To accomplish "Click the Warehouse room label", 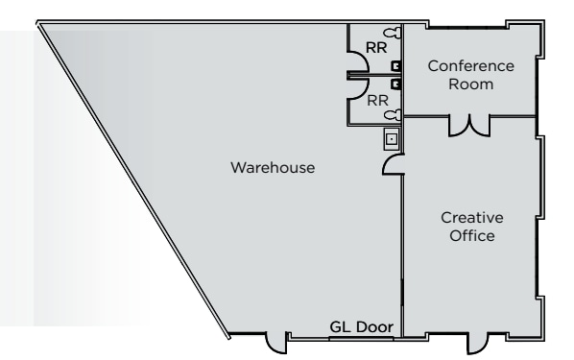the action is [273, 168].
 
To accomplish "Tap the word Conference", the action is [470, 66].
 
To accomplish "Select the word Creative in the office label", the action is [472, 218].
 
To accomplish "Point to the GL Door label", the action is [361, 327].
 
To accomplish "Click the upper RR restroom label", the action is [376, 48].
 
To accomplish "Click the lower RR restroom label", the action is [377, 101].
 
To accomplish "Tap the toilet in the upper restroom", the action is [393, 33].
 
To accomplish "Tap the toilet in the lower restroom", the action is [393, 115].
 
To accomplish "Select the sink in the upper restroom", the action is [395, 66].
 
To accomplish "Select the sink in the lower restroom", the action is [395, 84].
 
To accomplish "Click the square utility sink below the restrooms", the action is [392, 139].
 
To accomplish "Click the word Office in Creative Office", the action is [472, 236].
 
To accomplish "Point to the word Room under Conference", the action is [470, 84].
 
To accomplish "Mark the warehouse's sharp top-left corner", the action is [37, 22].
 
